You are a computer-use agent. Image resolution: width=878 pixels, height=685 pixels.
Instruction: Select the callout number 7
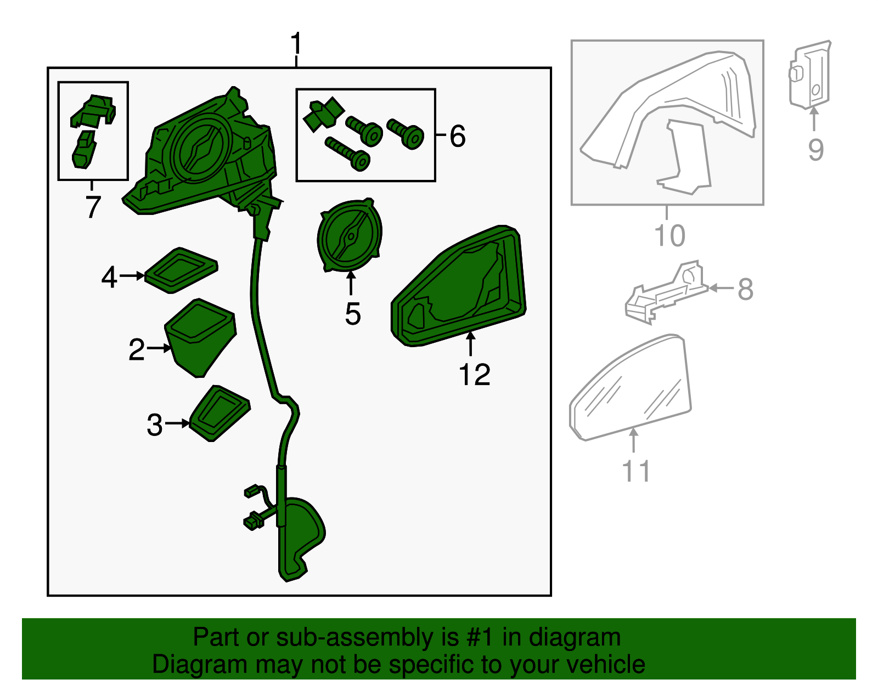pyautogui.click(x=93, y=207)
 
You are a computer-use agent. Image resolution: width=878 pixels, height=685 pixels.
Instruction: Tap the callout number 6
pyautogui.click(x=458, y=136)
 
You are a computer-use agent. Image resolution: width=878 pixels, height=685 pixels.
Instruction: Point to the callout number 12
pyautogui.click(x=474, y=375)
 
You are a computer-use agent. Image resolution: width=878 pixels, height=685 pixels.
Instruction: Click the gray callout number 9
pyautogui.click(x=816, y=150)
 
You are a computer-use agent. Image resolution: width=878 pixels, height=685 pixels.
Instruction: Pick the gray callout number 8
pyautogui.click(x=745, y=289)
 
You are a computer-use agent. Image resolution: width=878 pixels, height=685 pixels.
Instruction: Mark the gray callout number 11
pyautogui.click(x=636, y=471)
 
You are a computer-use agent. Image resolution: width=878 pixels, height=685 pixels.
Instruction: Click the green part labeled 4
pyautogui.click(x=181, y=270)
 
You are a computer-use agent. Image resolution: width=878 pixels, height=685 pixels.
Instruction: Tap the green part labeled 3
pyautogui.click(x=220, y=413)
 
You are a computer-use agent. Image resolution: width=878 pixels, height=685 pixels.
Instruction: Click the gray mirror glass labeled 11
pyautogui.click(x=631, y=388)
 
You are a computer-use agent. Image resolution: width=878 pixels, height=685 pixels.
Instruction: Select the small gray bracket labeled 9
pyautogui.click(x=810, y=75)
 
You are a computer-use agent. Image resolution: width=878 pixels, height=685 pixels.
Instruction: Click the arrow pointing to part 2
pyautogui.click(x=159, y=348)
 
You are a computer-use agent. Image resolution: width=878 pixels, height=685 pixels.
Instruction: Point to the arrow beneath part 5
pyautogui.click(x=351, y=283)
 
